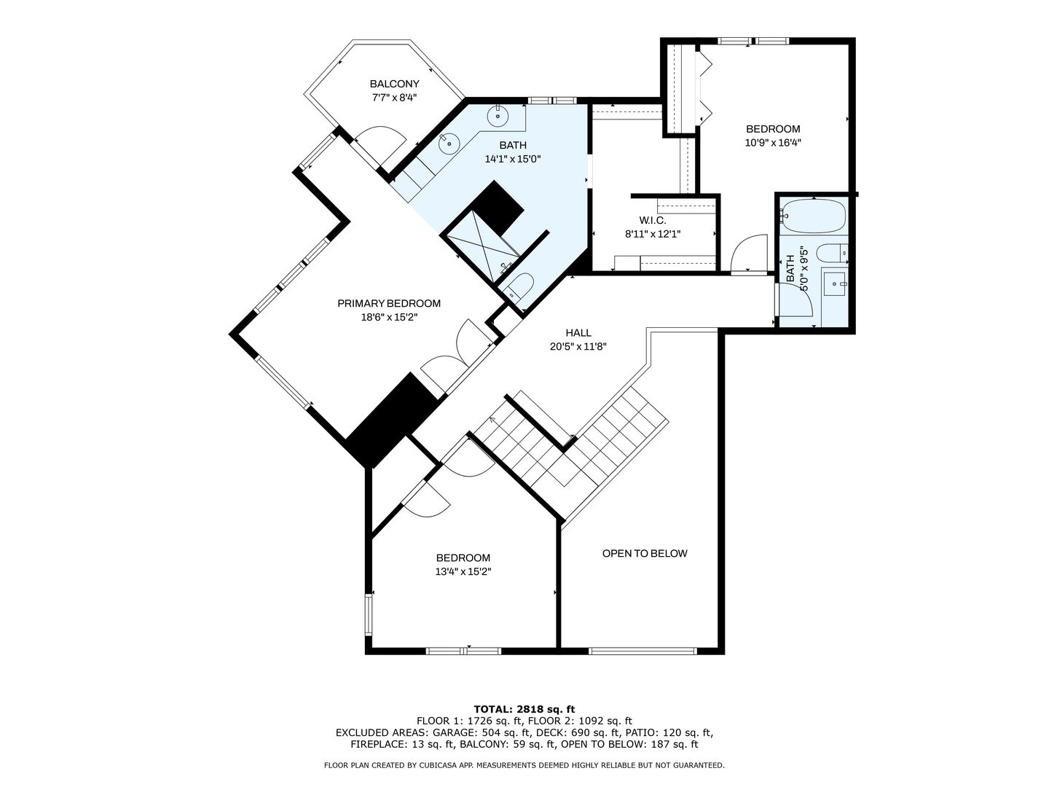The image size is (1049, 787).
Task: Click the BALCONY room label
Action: pos(394,84)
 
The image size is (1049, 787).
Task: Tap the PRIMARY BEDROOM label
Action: pos(389,303)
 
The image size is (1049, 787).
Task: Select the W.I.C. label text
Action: pos(652,220)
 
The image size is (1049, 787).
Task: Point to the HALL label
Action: pos(578,332)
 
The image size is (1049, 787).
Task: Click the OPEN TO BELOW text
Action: pos(645,553)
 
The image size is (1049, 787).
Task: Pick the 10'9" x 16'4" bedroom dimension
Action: pos(773,142)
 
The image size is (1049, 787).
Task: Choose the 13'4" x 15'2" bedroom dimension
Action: pos(463,571)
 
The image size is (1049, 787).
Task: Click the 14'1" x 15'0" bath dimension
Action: pos(513,159)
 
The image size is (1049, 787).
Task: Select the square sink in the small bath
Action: pos(835,284)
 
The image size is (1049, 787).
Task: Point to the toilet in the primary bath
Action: pos(519,287)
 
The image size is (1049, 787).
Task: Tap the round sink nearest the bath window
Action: pos(498,116)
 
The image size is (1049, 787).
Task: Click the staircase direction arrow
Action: pos(492,420)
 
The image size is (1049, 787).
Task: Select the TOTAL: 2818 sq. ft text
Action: pos(524,709)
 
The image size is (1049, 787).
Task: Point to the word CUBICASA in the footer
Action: pos(431,765)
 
